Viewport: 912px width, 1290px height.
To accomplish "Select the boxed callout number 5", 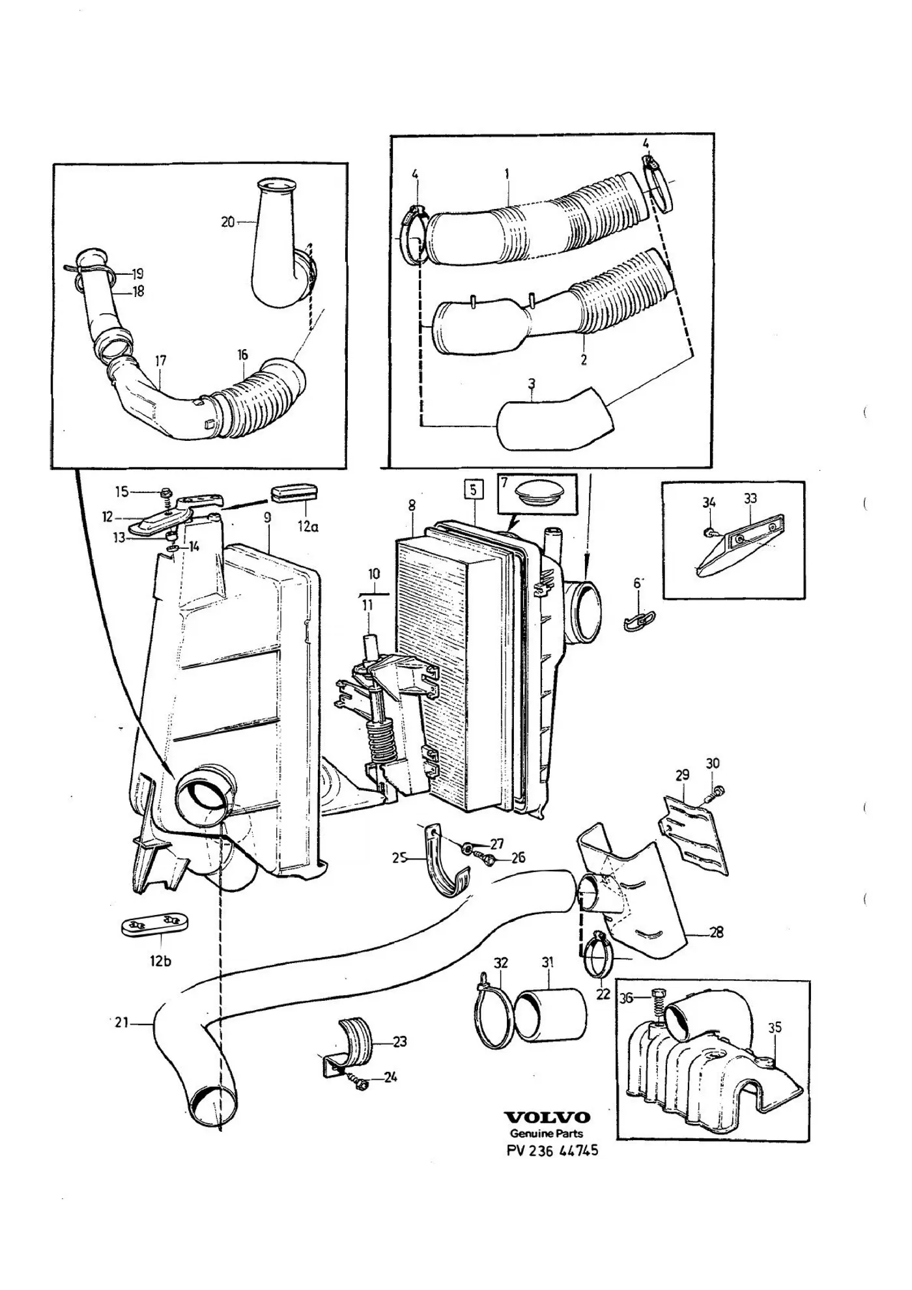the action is point(473,489).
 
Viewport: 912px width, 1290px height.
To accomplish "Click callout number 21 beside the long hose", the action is point(121,1023).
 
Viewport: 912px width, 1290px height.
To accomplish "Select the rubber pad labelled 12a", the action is point(294,495).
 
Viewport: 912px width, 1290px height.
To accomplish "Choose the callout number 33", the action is point(750,499).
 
